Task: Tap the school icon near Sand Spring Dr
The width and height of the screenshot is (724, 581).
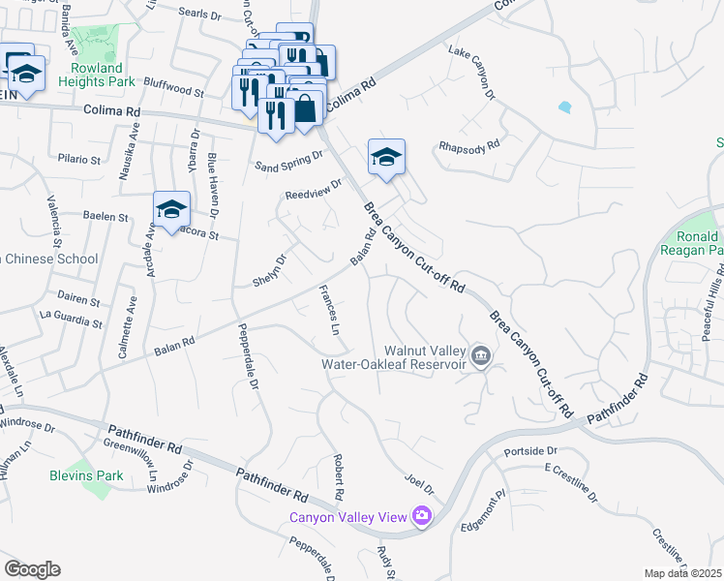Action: click(385, 157)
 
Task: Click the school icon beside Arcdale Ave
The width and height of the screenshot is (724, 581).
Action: click(170, 209)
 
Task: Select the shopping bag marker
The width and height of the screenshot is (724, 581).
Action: click(304, 107)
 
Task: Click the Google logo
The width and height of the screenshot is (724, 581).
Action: click(32, 568)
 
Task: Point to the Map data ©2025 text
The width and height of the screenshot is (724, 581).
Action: click(682, 573)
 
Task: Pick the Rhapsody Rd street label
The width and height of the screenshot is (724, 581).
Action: click(468, 145)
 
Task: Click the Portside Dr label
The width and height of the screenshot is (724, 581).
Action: click(530, 451)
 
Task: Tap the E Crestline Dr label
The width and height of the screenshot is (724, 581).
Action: click(570, 482)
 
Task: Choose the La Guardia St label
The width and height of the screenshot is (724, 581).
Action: click(71, 315)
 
